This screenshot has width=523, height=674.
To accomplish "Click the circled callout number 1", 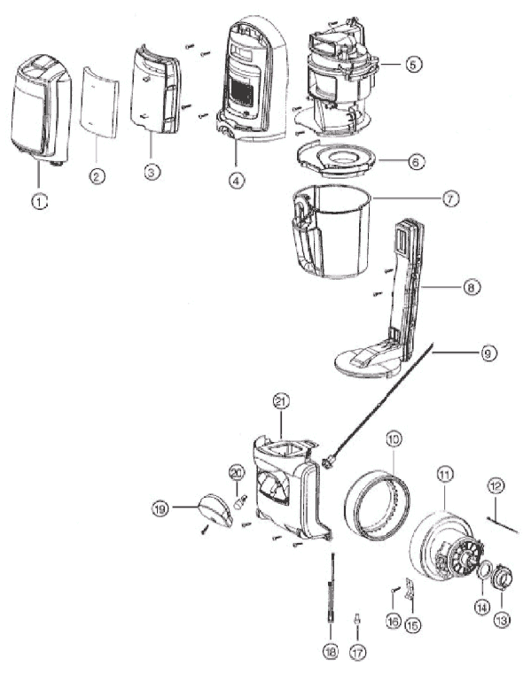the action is pyautogui.click(x=40, y=201).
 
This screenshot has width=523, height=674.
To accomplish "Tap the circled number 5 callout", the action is pyautogui.click(x=413, y=65).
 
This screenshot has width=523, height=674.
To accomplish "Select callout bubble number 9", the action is pyautogui.click(x=488, y=353).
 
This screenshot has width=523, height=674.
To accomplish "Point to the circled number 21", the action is pyautogui.click(x=281, y=401).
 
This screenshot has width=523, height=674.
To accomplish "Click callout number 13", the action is pyautogui.click(x=502, y=620).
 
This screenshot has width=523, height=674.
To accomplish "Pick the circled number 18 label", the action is pyautogui.click(x=331, y=652).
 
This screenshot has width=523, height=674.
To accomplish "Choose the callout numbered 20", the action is pyautogui.click(x=237, y=473).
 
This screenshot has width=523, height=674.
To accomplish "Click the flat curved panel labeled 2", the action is pyautogui.click(x=99, y=102).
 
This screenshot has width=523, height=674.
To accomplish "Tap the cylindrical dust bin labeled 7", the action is pyautogui.click(x=331, y=231).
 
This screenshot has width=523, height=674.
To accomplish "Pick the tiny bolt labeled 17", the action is pyautogui.click(x=356, y=620).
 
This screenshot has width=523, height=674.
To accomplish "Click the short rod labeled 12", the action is pyautogui.click(x=503, y=525).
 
